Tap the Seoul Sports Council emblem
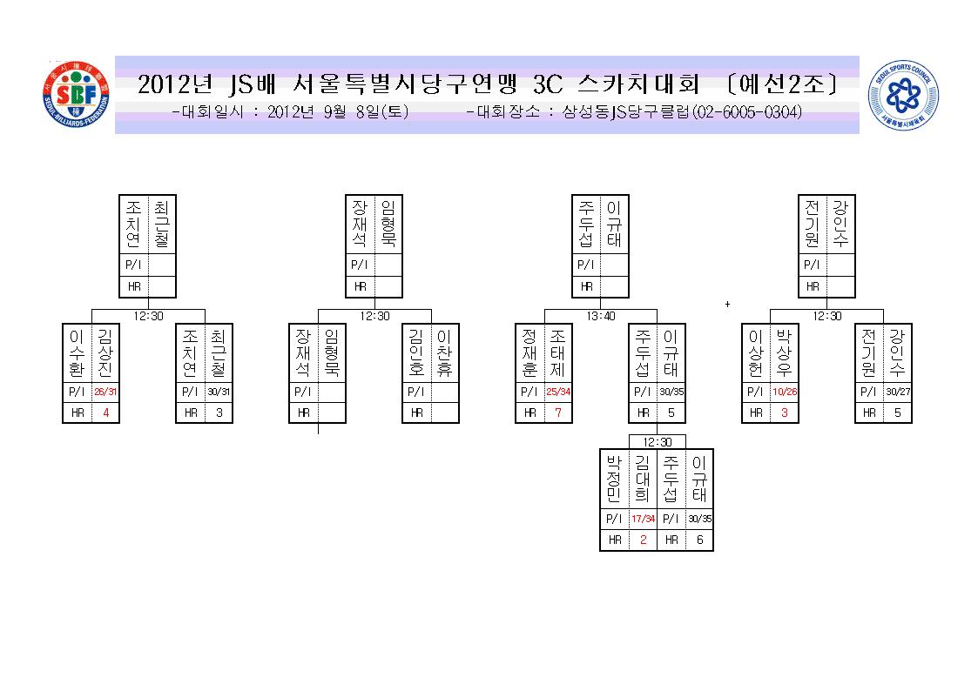[x=903, y=95]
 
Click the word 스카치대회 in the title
[x=638, y=84]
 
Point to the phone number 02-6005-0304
[x=747, y=112]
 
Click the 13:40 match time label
[x=601, y=316]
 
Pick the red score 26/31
[x=105, y=392]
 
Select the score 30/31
[x=219, y=392]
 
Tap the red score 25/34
[x=558, y=392]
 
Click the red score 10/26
[x=785, y=392]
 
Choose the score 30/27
[x=898, y=392]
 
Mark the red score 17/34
[x=643, y=519]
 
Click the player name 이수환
[x=76, y=352]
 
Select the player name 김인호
[x=416, y=352]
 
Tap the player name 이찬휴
[x=444, y=352]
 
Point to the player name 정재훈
[x=529, y=352]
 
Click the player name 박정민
[x=614, y=479]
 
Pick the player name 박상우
[x=784, y=352]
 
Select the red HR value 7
[x=558, y=413]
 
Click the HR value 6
[x=700, y=540]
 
